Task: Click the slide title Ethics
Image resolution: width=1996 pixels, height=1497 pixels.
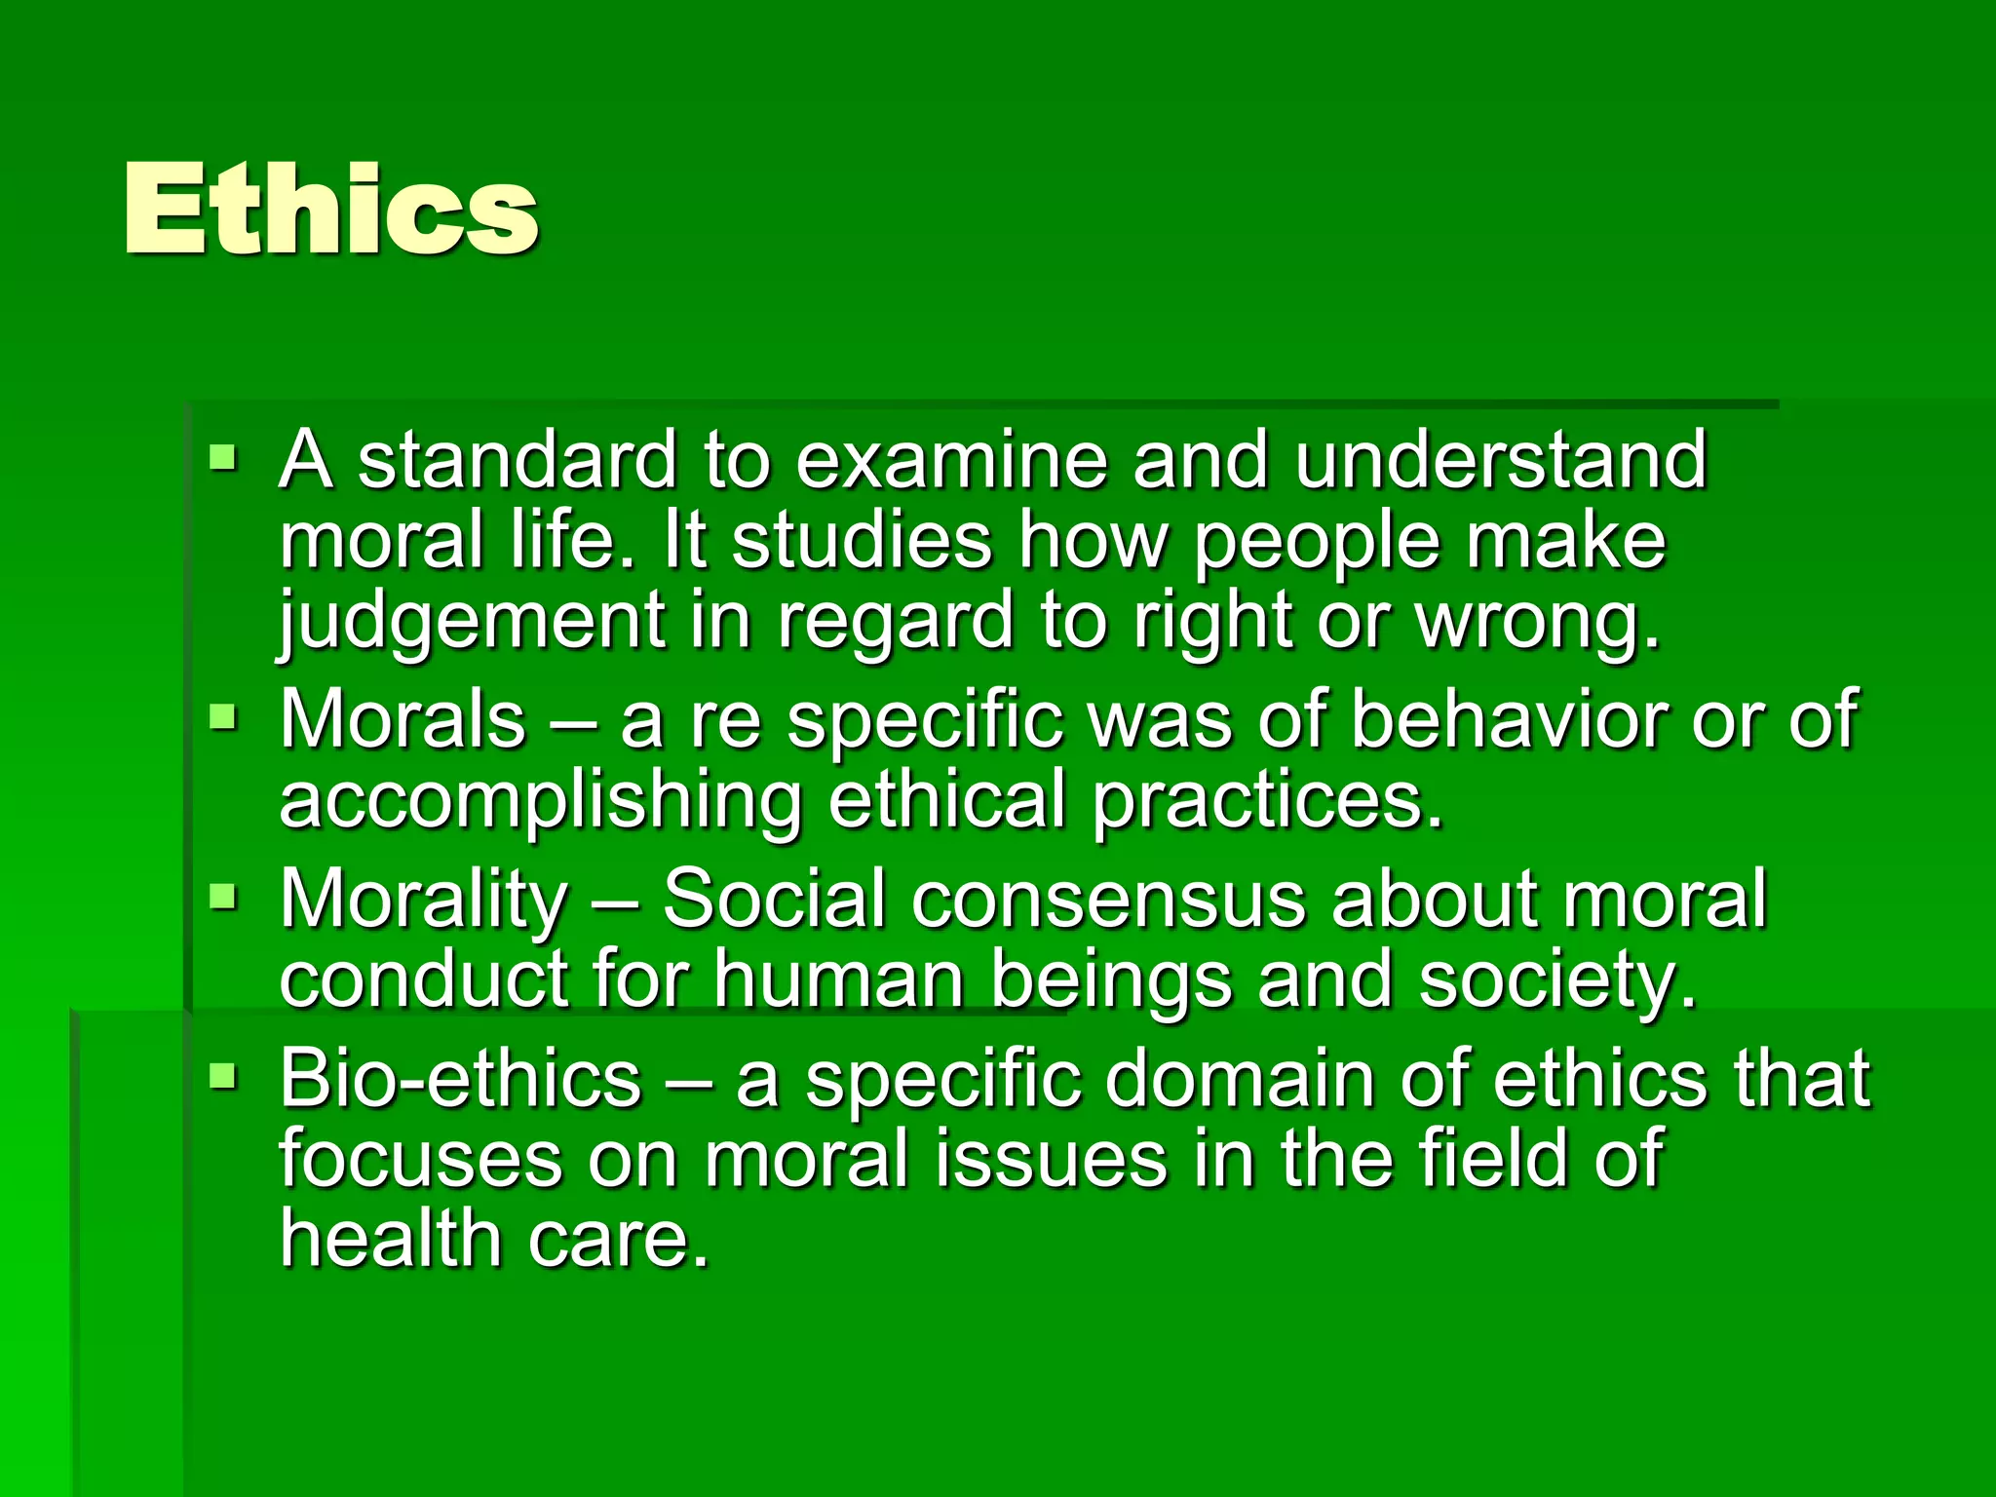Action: pos(330,210)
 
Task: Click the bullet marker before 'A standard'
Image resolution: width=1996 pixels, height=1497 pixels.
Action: pos(223,456)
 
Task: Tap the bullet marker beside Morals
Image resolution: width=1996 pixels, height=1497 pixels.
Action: pos(223,717)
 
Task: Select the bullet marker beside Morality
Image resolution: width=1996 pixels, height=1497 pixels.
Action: pos(223,896)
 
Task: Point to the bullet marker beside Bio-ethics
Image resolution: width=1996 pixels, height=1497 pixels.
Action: pos(223,1076)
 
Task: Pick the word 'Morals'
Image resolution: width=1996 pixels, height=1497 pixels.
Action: pos(403,719)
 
